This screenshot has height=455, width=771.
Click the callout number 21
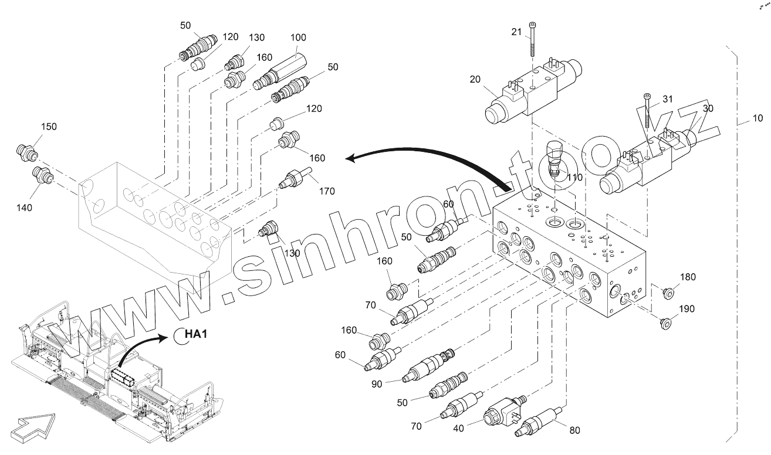516,32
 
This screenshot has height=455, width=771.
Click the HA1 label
195,334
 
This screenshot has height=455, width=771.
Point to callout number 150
49,127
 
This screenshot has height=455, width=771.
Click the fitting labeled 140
43,175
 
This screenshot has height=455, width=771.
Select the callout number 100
298,38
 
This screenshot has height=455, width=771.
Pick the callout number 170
327,191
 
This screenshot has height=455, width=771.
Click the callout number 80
574,430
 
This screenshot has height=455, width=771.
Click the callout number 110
575,176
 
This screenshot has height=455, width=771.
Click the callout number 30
708,108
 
